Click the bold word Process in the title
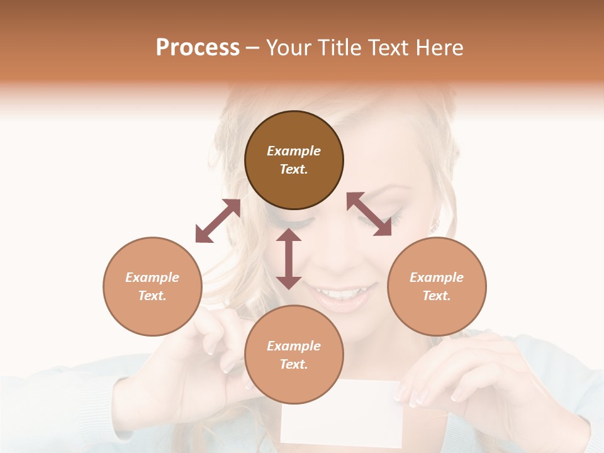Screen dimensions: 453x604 click(198, 48)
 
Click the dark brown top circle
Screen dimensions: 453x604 click(294, 160)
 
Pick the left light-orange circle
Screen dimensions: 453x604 click(152, 286)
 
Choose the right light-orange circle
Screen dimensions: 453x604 click(437, 286)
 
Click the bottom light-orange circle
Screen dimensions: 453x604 click(294, 354)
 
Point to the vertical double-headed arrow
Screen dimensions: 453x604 click(289, 259)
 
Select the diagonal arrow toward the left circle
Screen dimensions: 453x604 click(218, 221)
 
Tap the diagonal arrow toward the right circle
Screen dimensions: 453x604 click(369, 214)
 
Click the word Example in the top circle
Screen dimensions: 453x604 click(294, 151)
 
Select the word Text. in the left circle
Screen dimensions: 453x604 click(152, 296)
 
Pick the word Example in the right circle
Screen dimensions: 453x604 click(437, 277)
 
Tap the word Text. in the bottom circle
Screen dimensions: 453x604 click(294, 364)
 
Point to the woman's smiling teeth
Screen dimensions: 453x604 click(340, 293)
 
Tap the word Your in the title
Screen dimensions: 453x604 click(288, 48)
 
